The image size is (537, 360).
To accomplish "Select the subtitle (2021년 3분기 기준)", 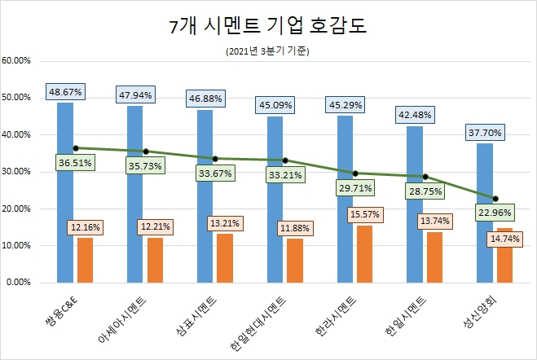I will point(268,51).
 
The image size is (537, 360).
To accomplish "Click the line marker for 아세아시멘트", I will point(146,151).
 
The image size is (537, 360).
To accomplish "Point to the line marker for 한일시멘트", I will point(425,177).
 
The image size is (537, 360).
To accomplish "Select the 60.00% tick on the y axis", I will point(17,60).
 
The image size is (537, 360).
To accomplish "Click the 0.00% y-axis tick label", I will point(19,283).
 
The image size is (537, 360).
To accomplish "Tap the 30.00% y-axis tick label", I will point(17,172).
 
